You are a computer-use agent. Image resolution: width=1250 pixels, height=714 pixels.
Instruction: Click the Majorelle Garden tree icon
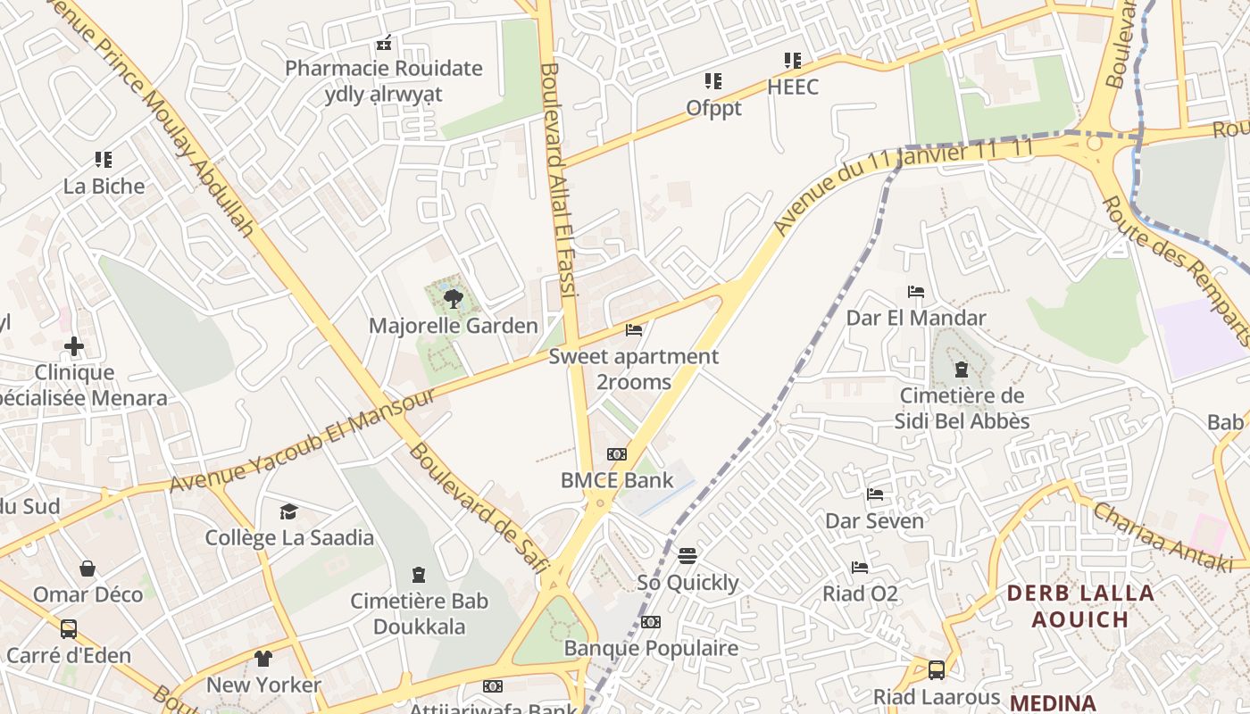(x=453, y=299)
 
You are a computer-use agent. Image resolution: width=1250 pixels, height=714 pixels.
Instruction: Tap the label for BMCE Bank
(x=617, y=480)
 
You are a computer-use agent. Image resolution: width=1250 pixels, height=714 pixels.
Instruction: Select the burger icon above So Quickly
(x=687, y=556)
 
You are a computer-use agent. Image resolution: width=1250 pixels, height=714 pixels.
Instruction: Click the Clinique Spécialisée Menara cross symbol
(x=74, y=345)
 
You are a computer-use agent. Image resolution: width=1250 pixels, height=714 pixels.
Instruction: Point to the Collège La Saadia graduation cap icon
(x=288, y=511)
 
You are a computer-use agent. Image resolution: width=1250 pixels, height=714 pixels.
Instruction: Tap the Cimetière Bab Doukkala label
(x=419, y=613)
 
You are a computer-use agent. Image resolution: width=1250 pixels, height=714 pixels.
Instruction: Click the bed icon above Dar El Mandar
(x=915, y=291)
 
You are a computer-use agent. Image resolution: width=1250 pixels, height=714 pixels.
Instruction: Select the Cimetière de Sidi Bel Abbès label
(x=962, y=408)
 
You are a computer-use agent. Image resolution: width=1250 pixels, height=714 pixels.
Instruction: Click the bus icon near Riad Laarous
(x=936, y=669)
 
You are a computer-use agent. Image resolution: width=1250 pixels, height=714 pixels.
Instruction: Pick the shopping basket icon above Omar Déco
(x=87, y=569)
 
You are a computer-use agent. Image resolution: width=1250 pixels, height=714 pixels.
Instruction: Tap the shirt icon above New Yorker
(x=263, y=659)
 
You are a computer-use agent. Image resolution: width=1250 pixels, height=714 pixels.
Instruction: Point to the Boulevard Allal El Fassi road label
(x=560, y=178)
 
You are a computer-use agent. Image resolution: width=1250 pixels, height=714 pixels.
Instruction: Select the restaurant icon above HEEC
(x=792, y=61)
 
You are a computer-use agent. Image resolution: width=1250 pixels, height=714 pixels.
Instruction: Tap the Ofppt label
(x=713, y=108)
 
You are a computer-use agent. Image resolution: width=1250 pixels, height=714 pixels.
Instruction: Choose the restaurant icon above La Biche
(x=104, y=160)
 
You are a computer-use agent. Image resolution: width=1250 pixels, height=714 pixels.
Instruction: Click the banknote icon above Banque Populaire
(x=651, y=621)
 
